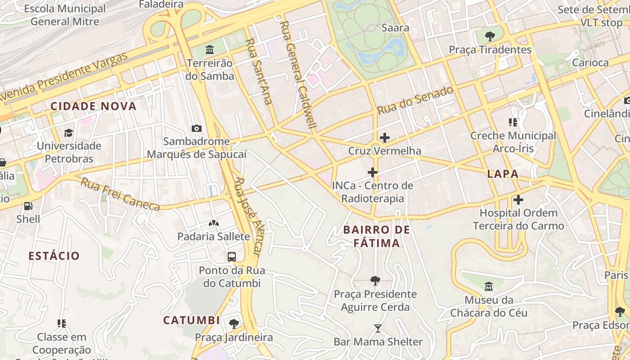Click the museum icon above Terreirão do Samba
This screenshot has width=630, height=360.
point(210,49)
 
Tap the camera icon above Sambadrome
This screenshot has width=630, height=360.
point(196,128)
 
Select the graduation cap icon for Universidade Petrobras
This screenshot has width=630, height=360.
point(68,133)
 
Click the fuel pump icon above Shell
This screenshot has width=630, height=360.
point(28,206)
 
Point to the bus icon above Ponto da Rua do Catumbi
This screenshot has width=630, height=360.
point(232,257)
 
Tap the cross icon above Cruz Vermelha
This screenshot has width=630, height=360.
point(385,137)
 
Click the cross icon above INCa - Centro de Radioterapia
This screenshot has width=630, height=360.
point(372,172)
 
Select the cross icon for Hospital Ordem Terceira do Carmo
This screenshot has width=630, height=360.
point(518,199)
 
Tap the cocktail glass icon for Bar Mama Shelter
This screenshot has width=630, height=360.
point(378,328)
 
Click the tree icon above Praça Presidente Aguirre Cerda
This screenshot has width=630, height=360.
point(375,281)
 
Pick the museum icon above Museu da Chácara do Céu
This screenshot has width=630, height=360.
point(489,286)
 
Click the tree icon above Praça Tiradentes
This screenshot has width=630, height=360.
point(490,36)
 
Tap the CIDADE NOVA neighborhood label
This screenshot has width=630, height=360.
point(93,106)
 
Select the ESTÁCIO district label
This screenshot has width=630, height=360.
point(54,256)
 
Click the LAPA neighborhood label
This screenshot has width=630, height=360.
point(503,174)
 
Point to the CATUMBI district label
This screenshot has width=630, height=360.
point(192,320)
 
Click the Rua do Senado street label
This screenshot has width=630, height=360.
point(415,100)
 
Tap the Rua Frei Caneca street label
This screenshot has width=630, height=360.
point(121,194)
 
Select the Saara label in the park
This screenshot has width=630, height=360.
point(395,28)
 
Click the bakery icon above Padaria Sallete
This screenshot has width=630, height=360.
point(213,223)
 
